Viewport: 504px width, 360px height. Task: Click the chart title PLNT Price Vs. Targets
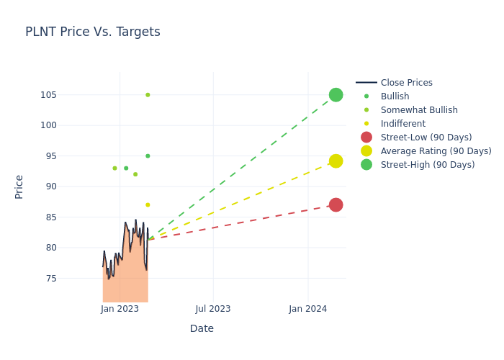pos(93,32)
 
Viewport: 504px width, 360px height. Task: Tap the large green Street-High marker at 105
pos(336,95)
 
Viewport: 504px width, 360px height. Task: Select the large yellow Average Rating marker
pos(336,161)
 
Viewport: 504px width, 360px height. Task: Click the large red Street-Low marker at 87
pos(336,204)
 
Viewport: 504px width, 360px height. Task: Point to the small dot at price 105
pos(148,95)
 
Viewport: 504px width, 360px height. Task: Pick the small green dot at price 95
pos(148,156)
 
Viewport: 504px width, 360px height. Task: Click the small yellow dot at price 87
pos(148,204)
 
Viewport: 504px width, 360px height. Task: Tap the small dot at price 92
pos(135,174)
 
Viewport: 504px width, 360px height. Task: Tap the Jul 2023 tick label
pos(213,309)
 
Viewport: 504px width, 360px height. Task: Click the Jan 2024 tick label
pos(308,309)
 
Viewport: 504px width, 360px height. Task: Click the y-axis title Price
pos(19,186)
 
